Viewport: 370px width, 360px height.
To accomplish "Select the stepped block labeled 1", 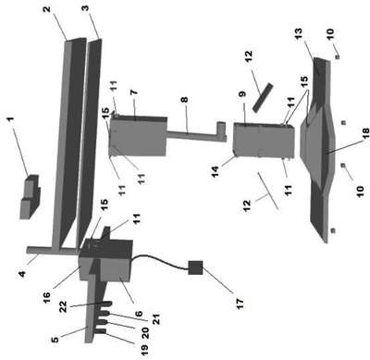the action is coord(30,197).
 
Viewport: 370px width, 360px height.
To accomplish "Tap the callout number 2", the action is coord(46,9).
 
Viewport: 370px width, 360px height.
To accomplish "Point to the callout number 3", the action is coord(85,7).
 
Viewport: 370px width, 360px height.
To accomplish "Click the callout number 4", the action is coord(21,273).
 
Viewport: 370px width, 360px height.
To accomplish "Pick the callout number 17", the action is coord(240,303).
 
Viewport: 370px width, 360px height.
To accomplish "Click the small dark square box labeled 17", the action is coord(195,267).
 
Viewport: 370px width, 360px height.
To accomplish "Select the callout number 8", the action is coord(184,100).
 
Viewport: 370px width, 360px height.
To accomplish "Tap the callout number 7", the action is coord(134,93).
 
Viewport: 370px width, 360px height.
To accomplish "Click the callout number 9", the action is coord(242,93).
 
